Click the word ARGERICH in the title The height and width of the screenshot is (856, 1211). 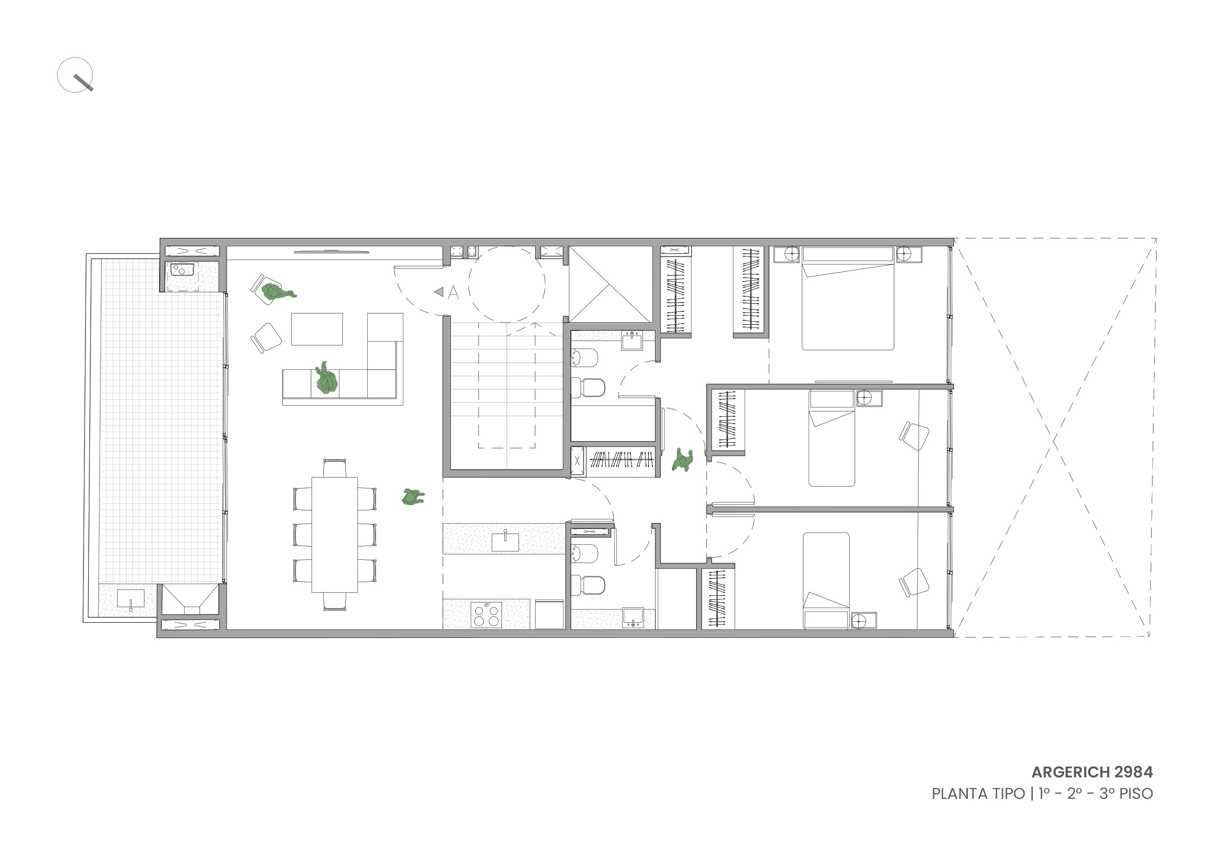[x=1071, y=772]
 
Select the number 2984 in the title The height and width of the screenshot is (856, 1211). [x=1134, y=772]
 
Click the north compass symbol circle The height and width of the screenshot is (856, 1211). [x=75, y=75]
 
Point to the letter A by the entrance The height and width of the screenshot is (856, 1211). [x=453, y=292]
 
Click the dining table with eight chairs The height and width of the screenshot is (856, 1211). [x=334, y=534]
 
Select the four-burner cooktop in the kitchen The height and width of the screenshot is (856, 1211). [x=486, y=614]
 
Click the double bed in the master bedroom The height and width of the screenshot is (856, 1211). [x=848, y=298]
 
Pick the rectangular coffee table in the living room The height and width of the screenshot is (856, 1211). [x=317, y=329]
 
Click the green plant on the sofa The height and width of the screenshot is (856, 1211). [x=326, y=378]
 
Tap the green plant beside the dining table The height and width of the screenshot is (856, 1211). [x=413, y=496]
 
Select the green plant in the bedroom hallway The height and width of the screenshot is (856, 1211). [x=683, y=460]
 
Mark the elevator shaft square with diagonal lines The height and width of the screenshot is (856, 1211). [x=610, y=285]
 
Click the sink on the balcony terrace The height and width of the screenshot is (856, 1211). [x=130, y=599]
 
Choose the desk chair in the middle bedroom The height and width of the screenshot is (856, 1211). [x=914, y=436]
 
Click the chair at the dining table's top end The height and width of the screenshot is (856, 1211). [x=334, y=468]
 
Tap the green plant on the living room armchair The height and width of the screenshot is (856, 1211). [x=278, y=291]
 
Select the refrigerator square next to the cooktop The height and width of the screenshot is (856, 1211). [x=549, y=614]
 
